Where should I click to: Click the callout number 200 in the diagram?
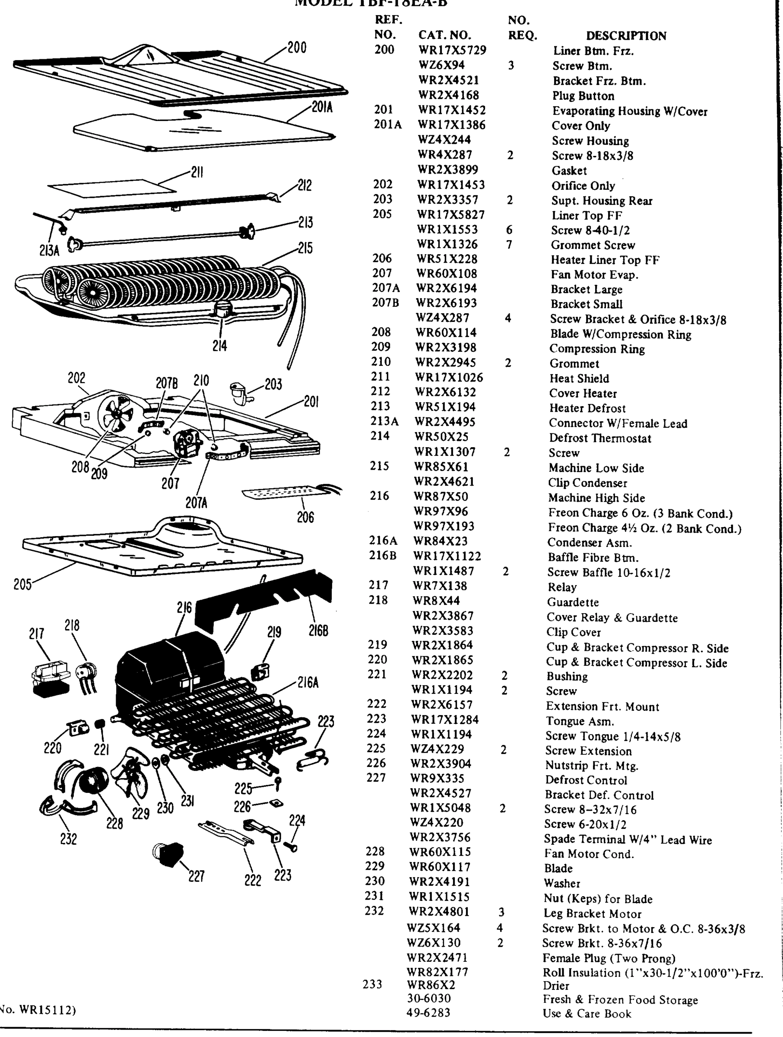pyautogui.click(x=297, y=48)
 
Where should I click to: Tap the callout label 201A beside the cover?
pyautogui.click(x=322, y=107)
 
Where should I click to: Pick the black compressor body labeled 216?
pyautogui.click(x=169, y=666)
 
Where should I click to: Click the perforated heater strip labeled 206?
pyautogui.click(x=283, y=492)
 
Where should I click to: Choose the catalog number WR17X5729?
pyautogui.click(x=452, y=50)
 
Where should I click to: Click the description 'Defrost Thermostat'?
pyautogui.click(x=600, y=438)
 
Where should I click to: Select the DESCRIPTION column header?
pyautogui.click(x=626, y=35)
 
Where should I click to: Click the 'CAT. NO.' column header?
pyautogui.click(x=445, y=35)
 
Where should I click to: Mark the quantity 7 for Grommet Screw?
pyautogui.click(x=509, y=244)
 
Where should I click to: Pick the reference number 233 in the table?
pyautogui.click(x=373, y=984)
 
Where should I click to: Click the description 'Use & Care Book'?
pyautogui.click(x=586, y=1014)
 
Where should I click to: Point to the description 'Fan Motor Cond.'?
pyautogui.click(x=589, y=854)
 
